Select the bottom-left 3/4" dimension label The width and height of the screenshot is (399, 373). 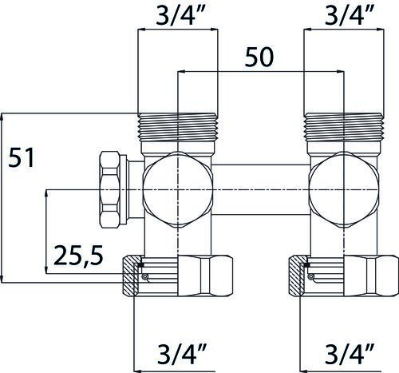(x=183, y=354)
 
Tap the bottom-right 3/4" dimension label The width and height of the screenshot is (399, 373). (x=350, y=354)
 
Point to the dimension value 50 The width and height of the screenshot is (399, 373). (x=259, y=57)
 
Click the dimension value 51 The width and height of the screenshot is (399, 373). (x=22, y=157)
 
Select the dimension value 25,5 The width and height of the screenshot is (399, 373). (x=78, y=256)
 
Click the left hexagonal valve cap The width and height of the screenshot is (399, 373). (x=178, y=189)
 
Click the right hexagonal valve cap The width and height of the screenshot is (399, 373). (x=344, y=189)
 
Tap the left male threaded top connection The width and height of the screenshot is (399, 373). (x=178, y=127)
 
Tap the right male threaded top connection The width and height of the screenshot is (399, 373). (x=344, y=127)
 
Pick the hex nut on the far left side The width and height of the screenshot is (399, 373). (x=109, y=189)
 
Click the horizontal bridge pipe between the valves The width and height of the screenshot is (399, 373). (x=261, y=189)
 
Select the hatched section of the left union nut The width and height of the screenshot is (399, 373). (x=132, y=276)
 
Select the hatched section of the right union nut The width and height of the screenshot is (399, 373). (x=298, y=276)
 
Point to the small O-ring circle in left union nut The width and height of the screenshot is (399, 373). (x=144, y=277)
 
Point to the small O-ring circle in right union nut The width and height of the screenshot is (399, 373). (x=310, y=277)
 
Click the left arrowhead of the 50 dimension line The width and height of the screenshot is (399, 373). (x=181, y=71)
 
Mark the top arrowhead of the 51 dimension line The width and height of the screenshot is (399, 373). (x=2, y=117)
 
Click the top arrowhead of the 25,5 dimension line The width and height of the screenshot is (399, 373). (x=46, y=193)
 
